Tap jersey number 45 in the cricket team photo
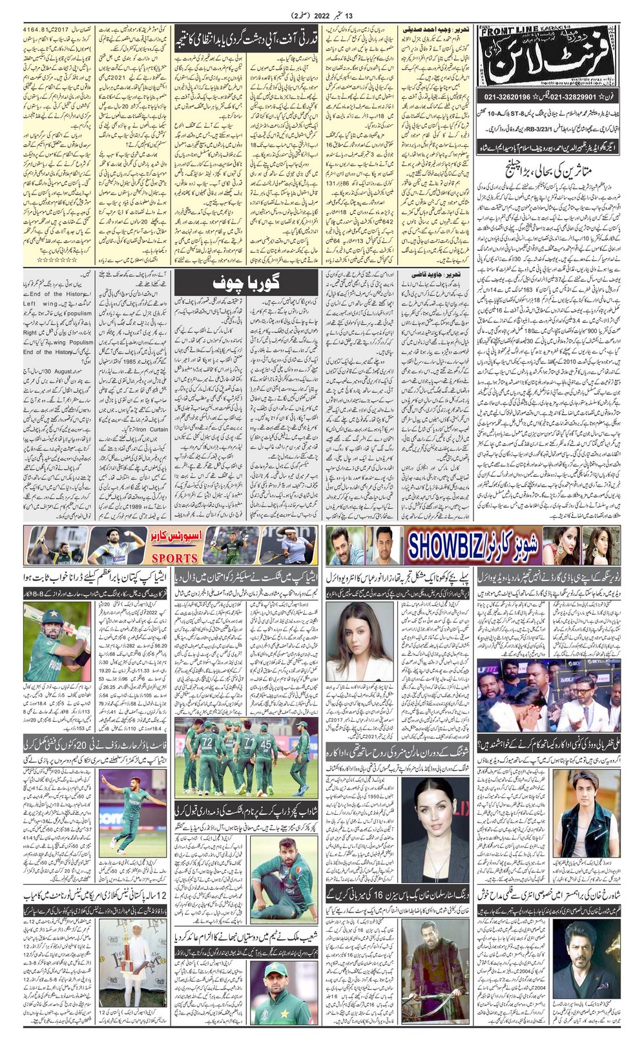[x=265, y=741]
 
